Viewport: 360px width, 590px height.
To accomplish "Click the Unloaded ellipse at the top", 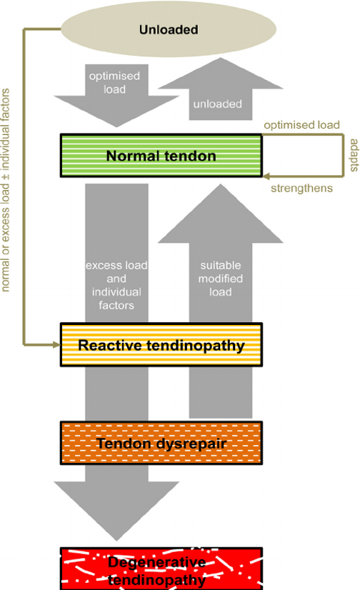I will point(169,30).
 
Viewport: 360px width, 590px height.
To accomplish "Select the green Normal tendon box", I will point(161,155).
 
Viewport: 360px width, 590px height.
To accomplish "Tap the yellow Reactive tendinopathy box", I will point(161,345).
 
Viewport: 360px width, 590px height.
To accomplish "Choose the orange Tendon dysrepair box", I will point(161,444).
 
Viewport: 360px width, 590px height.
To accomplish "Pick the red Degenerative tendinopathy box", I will point(161,569).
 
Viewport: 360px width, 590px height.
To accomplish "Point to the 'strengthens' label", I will point(301,189).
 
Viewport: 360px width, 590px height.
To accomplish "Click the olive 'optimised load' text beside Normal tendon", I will point(301,125).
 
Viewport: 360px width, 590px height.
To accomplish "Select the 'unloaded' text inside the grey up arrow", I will point(216,104).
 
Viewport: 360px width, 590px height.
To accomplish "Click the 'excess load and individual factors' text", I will point(116,285).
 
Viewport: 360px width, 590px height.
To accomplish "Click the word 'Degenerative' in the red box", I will point(156,562).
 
